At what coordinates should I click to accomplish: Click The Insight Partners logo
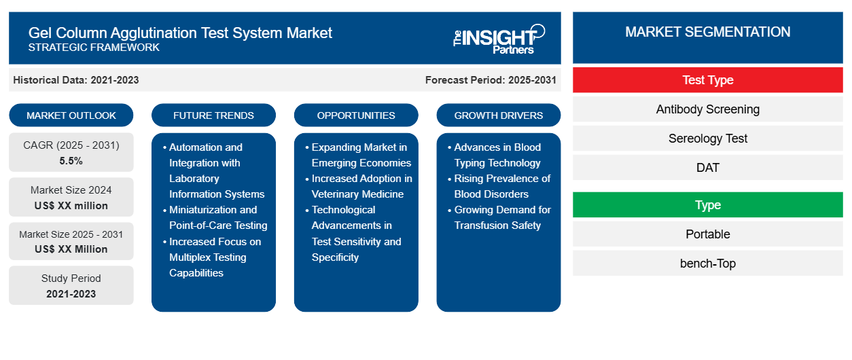point(499,38)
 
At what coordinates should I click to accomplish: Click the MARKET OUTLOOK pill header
point(71,115)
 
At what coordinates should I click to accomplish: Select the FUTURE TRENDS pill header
point(213,115)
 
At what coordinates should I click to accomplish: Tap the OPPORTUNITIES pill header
point(356,115)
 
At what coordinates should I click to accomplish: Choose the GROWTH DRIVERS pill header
point(499,115)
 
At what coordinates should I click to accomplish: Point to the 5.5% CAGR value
point(71,161)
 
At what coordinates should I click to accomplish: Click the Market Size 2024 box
point(71,197)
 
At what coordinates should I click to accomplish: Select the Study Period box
point(71,285)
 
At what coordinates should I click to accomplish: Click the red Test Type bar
point(707,80)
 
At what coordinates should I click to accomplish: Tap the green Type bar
point(707,205)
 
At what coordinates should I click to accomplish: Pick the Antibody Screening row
point(707,109)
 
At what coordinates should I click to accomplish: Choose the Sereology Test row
point(707,139)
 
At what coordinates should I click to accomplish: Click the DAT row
point(707,168)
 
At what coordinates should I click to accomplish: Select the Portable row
point(707,234)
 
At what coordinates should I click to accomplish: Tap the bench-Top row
point(707,264)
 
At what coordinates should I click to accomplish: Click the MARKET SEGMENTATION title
point(707,32)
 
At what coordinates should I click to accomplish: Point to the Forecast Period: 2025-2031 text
point(491,80)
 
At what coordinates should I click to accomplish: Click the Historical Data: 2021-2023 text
point(76,80)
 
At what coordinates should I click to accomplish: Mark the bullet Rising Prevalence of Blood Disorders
point(502,186)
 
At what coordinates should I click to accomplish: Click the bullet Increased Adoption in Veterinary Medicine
point(361,186)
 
